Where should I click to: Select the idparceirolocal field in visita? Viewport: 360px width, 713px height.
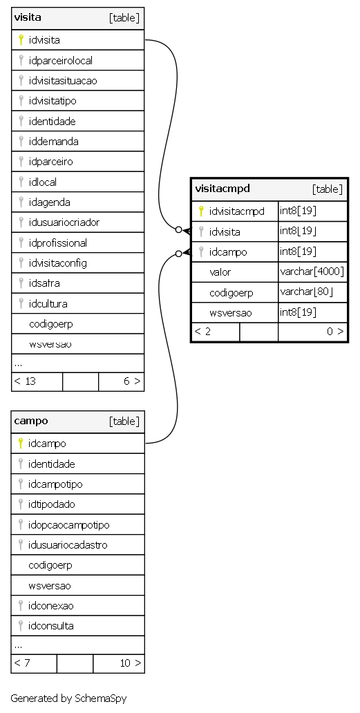(60, 61)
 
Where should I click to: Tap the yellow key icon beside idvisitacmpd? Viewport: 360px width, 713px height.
(201, 211)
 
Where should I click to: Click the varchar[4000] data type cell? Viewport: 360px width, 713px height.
(312, 272)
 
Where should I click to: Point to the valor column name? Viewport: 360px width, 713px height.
(220, 272)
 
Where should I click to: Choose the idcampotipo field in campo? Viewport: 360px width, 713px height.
(55, 484)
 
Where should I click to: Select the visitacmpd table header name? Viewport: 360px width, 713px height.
(222, 189)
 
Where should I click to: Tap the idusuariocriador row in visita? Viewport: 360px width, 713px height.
(64, 222)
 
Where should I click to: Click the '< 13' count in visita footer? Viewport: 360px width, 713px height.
(25, 381)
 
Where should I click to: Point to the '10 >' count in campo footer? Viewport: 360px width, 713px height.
(131, 663)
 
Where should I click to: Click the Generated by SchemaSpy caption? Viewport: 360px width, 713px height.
(68, 698)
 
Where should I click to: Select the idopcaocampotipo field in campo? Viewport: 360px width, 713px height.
(68, 525)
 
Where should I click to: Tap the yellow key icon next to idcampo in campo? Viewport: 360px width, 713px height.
(21, 444)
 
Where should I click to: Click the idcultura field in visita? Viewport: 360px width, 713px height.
(48, 303)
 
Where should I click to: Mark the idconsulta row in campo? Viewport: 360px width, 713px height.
(51, 626)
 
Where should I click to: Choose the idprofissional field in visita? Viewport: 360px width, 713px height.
(58, 243)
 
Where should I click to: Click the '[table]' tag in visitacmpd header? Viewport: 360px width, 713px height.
(328, 189)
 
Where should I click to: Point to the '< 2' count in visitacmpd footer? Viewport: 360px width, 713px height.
(202, 331)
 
